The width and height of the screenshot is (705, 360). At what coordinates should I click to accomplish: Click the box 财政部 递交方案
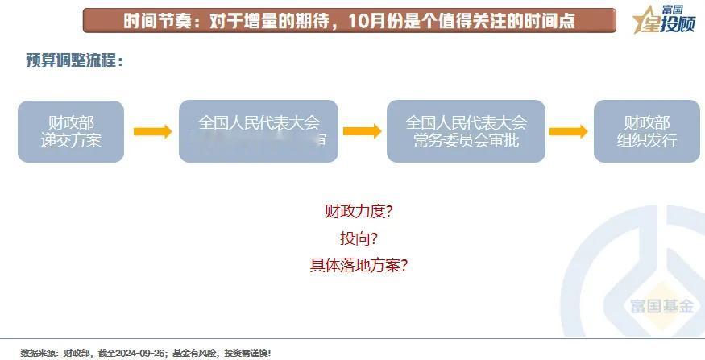click(71, 131)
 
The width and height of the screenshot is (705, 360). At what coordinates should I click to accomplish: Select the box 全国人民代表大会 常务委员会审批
click(466, 131)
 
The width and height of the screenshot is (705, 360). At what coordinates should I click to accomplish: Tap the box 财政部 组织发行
click(646, 131)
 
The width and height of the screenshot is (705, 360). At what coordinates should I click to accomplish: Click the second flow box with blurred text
click(259, 131)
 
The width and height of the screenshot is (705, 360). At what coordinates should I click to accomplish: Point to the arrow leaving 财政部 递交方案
click(152, 131)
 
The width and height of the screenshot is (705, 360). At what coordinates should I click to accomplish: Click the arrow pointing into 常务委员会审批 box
click(362, 131)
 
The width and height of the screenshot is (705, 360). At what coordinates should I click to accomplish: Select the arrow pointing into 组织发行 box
click(568, 131)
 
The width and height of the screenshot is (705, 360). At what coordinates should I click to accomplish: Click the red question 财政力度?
click(359, 212)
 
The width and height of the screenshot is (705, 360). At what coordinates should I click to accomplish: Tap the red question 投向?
click(359, 238)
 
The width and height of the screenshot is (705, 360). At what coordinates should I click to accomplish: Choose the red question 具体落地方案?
click(359, 265)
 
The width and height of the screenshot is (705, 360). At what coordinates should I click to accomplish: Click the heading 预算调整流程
click(75, 60)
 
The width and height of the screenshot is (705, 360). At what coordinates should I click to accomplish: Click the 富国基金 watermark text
click(661, 306)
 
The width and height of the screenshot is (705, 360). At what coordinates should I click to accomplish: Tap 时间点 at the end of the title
click(550, 21)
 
